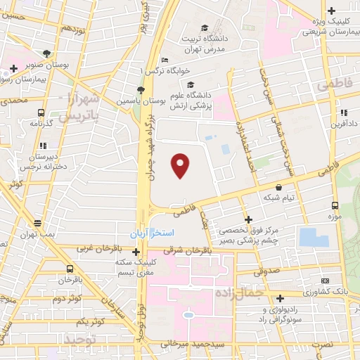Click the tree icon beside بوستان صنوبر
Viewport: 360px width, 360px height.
46,53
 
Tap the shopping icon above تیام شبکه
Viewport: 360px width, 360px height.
279,187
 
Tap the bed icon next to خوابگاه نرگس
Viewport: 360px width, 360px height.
165,60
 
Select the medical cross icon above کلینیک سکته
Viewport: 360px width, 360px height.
136,251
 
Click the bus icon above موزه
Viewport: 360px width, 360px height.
334,206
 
